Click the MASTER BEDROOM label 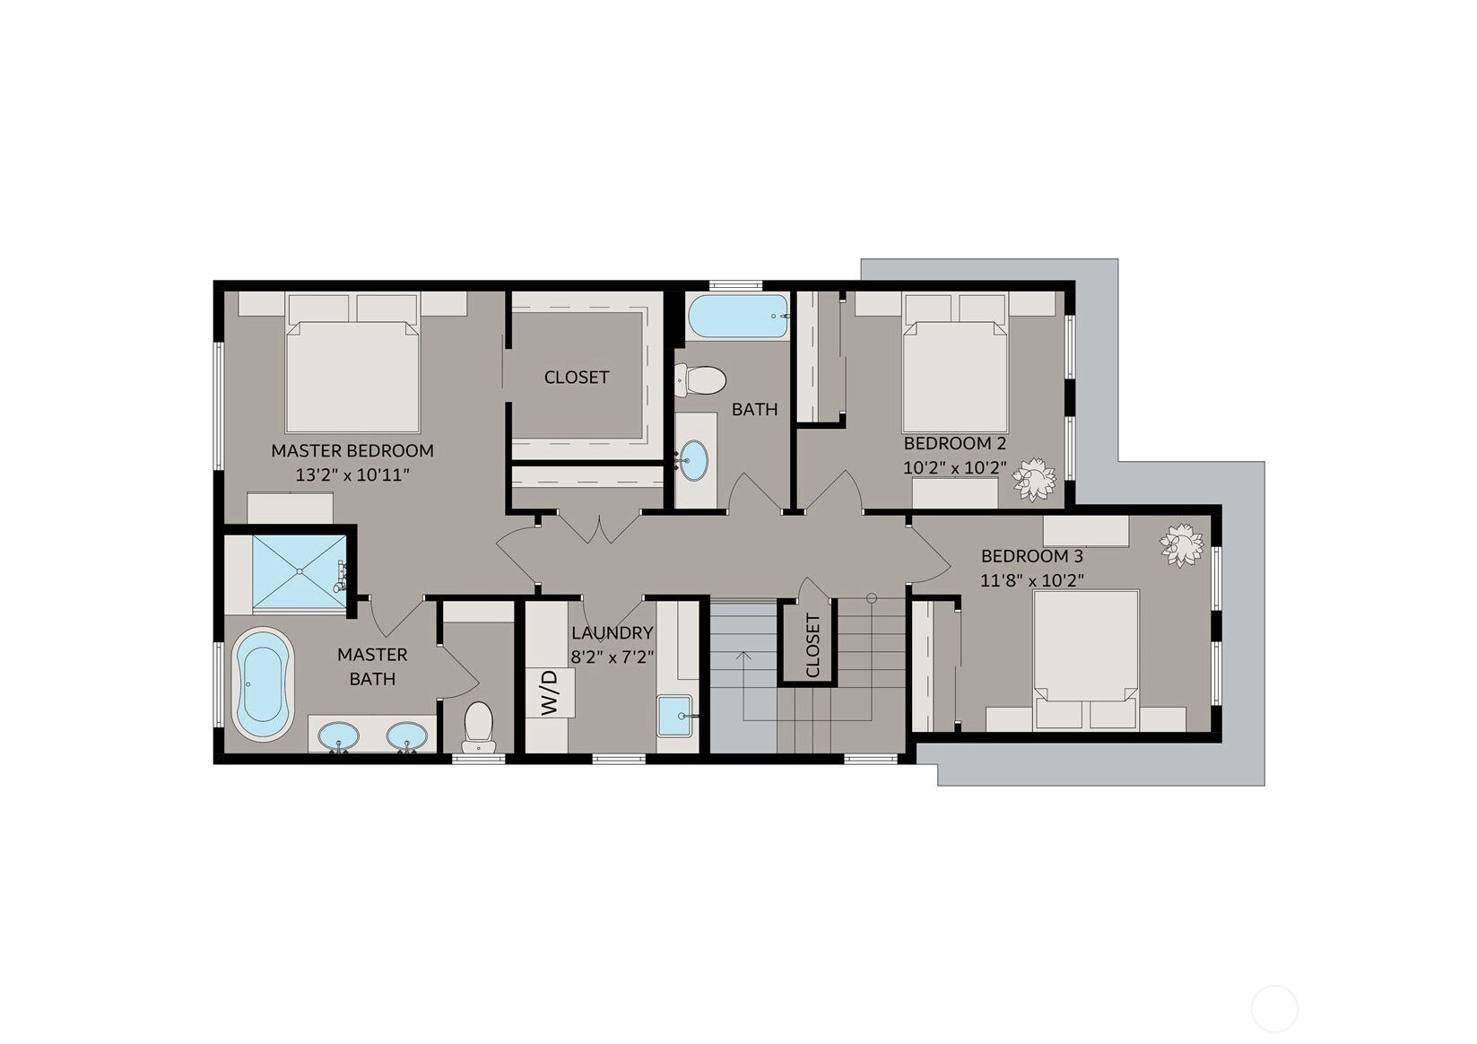click(x=352, y=451)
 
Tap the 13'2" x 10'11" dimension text click(x=352, y=474)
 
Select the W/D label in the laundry click(x=549, y=692)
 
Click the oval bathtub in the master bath click(x=263, y=683)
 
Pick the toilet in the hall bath click(x=699, y=380)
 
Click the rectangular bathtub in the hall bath click(x=738, y=317)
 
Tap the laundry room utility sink click(x=674, y=716)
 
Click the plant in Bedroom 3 click(x=1182, y=544)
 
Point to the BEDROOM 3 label click(x=1032, y=557)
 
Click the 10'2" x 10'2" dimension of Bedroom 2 click(x=955, y=467)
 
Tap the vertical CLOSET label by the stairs click(x=812, y=645)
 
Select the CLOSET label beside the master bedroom click(x=577, y=378)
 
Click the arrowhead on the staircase click(x=743, y=656)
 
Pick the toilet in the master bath click(x=479, y=727)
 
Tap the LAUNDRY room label click(x=612, y=633)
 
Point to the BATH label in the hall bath click(x=754, y=410)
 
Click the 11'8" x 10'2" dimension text click(x=1032, y=580)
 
